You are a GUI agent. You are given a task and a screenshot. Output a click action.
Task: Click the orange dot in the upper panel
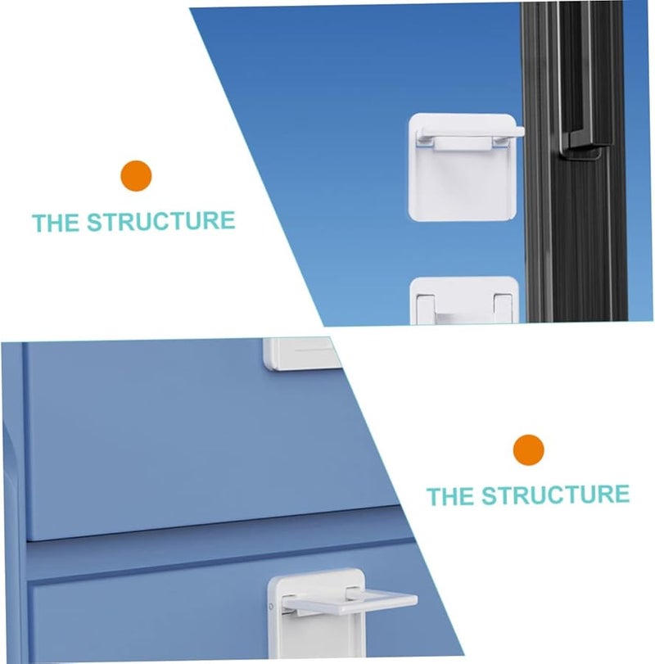pos(137,176)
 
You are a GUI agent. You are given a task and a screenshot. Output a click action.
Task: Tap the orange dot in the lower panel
pos(529,449)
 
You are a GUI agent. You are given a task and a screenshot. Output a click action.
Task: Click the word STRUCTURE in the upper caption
pos(160,222)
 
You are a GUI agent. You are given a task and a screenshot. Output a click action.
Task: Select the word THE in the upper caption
pos(56,223)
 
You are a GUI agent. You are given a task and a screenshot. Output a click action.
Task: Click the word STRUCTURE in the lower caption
pos(554,495)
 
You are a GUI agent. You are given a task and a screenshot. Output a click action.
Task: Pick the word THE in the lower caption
pos(450,496)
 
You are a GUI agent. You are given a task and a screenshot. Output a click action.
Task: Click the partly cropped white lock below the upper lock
pos(463,300)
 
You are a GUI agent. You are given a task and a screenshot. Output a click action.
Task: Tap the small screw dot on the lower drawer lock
pos(271,608)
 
